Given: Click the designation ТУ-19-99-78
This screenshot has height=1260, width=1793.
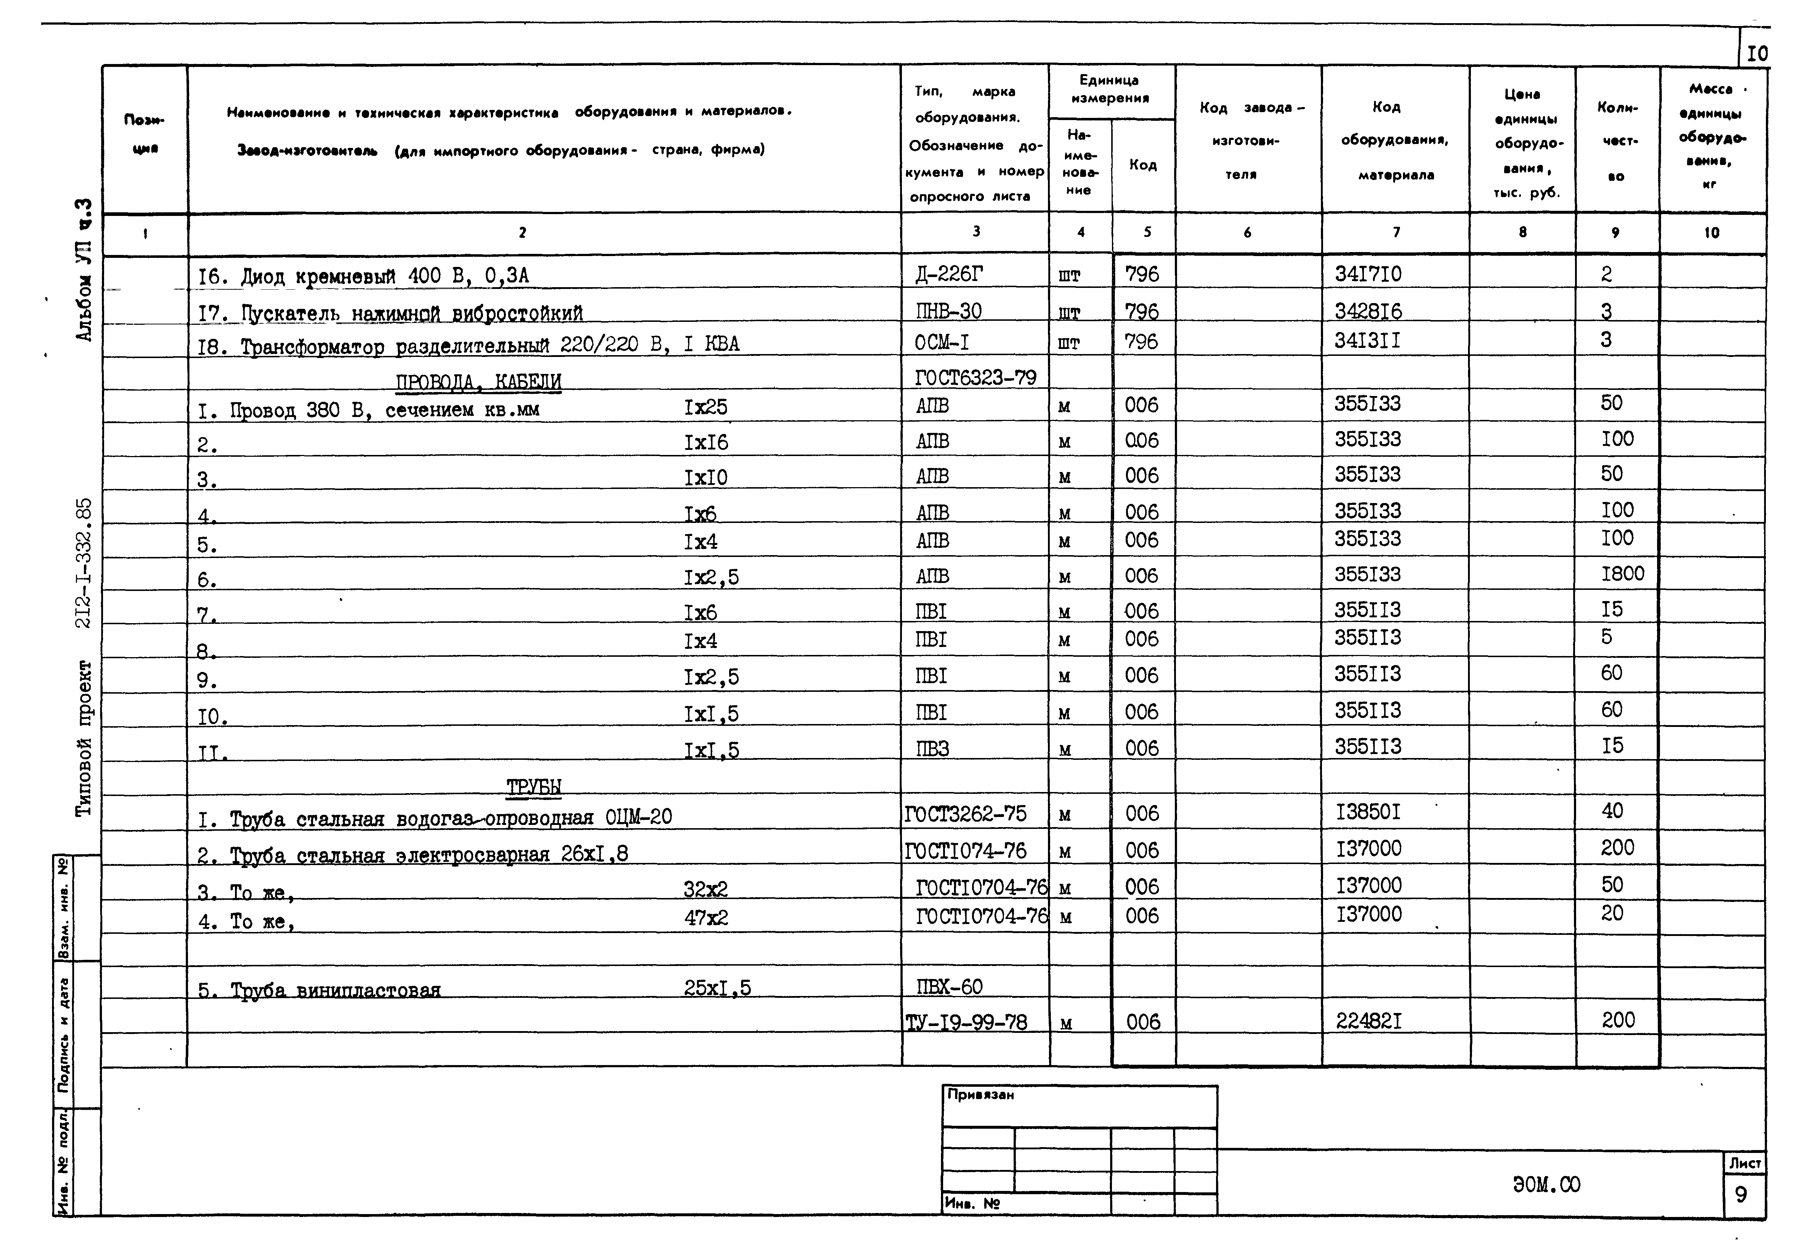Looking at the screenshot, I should pos(966,1022).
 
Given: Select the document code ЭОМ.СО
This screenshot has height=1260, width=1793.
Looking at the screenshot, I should pos(1545,1185).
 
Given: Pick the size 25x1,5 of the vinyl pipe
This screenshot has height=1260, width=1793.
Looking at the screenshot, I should pos(717,988).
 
